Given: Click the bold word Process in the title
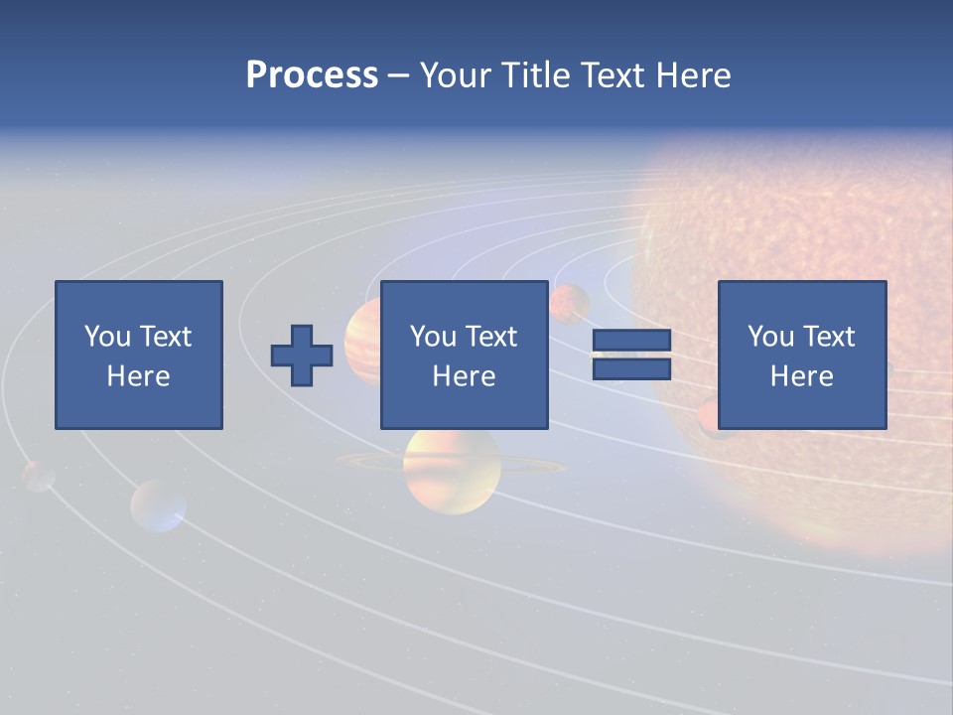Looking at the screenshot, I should click(x=312, y=75).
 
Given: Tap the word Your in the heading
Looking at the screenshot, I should click(x=455, y=75).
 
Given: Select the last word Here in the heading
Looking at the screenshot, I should click(x=693, y=75).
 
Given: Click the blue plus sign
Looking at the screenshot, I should click(x=302, y=356).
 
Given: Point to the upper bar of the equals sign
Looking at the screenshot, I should click(x=631, y=341).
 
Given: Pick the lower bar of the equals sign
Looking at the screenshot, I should click(x=631, y=369).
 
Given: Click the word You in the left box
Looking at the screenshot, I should click(x=107, y=337).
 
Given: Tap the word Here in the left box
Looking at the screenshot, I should click(x=138, y=376).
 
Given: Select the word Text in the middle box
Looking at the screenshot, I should click(x=490, y=337).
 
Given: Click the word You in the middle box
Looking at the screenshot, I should click(x=433, y=337).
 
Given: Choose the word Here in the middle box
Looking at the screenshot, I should click(x=464, y=376).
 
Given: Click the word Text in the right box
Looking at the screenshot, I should click(x=828, y=337).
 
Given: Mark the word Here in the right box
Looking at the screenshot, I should click(x=801, y=376).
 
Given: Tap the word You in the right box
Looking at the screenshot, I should click(x=770, y=337).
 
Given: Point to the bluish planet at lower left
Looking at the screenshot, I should click(x=159, y=505).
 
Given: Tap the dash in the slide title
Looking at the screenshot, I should click(x=399, y=75).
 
